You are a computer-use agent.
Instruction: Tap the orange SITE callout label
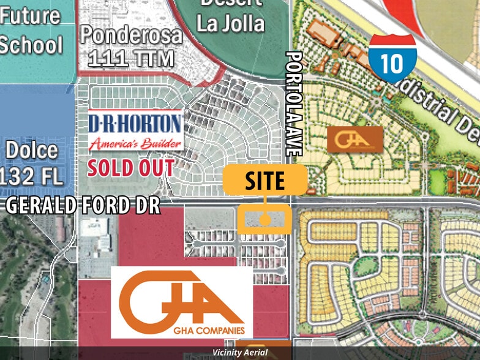[264, 181]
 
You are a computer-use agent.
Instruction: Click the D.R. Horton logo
[135, 130]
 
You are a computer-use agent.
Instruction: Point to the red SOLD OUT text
[130, 167]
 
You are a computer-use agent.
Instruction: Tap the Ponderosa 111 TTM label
[132, 47]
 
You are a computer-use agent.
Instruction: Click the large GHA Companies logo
[181, 302]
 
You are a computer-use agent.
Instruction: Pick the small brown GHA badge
[355, 139]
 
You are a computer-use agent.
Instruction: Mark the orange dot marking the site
[265, 219]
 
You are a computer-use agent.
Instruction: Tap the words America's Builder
[135, 144]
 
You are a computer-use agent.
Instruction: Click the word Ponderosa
[132, 35]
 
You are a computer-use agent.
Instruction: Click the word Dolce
[32, 151]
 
